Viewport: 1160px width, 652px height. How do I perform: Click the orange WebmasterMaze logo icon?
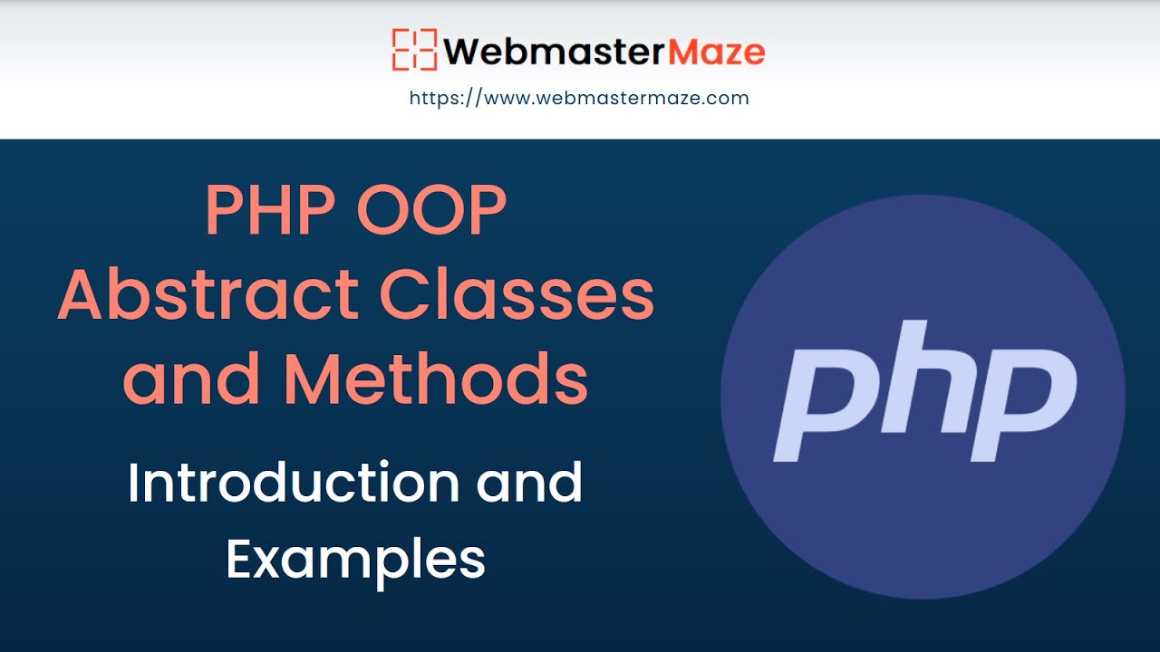pos(415,50)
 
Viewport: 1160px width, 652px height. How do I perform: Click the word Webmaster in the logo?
pos(553,52)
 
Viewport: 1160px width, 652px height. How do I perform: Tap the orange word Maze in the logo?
pos(715,52)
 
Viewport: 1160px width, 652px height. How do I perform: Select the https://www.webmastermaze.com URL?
pos(579,98)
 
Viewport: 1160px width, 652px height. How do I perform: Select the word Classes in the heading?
pos(517,296)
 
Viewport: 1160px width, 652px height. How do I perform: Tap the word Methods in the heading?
pos(436,379)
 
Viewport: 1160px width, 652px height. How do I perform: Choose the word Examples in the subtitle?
pos(355,560)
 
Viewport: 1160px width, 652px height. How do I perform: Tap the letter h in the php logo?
pos(915,380)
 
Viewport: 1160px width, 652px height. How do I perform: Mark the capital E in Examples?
pos(242,560)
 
